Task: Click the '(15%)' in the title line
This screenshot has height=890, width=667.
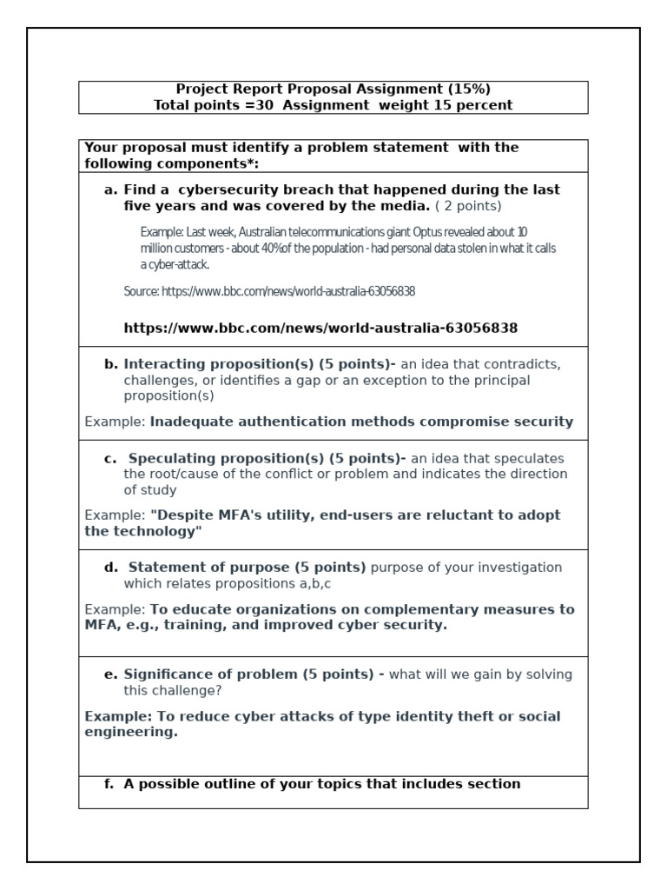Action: (469, 89)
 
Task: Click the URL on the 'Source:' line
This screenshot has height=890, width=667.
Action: (288, 291)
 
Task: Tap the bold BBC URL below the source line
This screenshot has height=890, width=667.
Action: (320, 328)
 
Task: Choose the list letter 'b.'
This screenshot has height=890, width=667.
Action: (111, 363)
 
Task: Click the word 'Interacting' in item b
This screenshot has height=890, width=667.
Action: (165, 363)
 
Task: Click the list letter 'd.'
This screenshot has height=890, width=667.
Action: (111, 567)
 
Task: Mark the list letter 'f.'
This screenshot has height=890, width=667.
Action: (109, 783)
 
